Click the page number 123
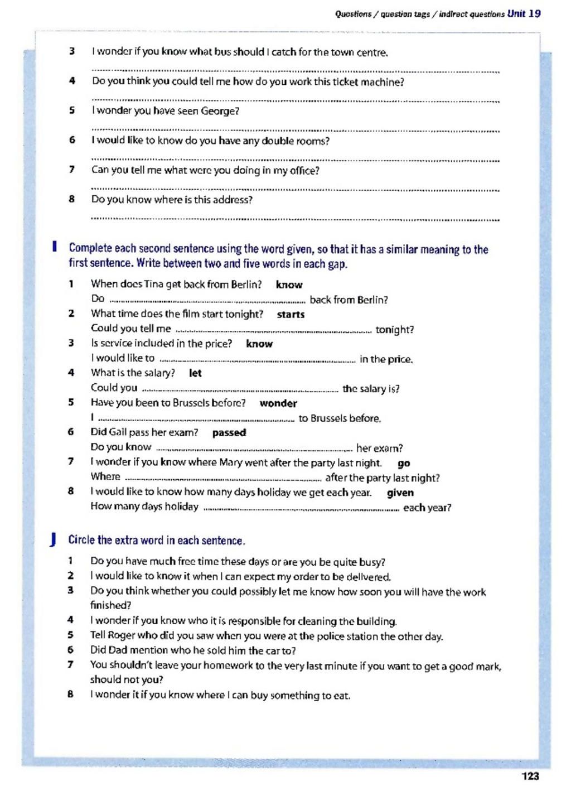click(530, 775)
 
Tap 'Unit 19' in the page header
click(524, 13)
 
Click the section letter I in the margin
click(54, 247)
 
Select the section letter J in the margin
click(53, 539)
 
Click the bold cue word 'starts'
click(291, 315)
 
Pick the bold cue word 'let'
click(195, 373)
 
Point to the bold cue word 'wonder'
click(278, 403)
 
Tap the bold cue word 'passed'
click(229, 432)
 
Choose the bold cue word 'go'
click(404, 463)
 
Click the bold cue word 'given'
click(400, 493)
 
